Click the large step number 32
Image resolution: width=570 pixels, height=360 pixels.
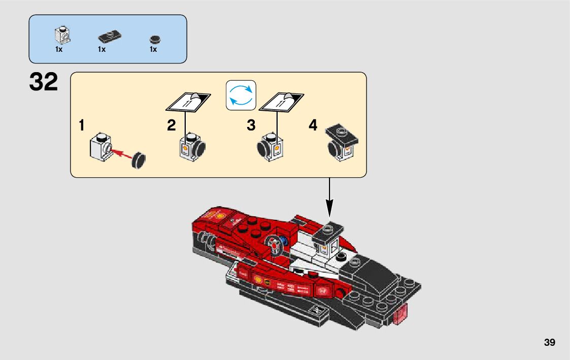44,83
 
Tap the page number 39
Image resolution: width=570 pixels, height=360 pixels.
549,343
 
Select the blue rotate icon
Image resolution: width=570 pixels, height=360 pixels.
241,95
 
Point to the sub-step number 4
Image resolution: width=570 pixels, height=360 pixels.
313,125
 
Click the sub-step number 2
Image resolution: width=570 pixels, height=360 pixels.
172,125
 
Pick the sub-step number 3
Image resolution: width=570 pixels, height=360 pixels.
251,125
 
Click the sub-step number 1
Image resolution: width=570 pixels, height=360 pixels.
82,125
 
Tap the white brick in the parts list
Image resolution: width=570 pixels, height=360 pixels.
63,35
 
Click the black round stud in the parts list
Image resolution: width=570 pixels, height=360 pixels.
153,39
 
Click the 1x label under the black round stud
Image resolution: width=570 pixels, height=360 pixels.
153,50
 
